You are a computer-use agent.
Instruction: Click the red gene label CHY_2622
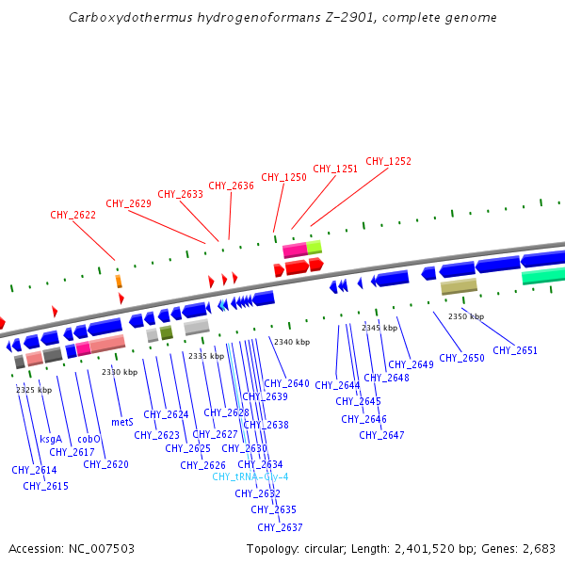[x=73, y=215]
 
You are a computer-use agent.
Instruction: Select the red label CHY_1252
[x=388, y=162]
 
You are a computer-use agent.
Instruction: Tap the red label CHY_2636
[x=231, y=186]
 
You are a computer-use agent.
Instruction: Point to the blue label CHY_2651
[x=515, y=350]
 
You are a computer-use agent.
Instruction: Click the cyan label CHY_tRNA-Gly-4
[x=250, y=476]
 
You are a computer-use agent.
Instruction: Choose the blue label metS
[x=122, y=423]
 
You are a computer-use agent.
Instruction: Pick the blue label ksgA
[x=51, y=439]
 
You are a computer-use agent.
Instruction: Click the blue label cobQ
[x=89, y=439]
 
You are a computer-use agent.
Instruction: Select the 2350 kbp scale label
[x=465, y=316]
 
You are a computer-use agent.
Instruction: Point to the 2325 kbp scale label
[x=34, y=390]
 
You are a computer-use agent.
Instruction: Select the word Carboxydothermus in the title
[x=119, y=17]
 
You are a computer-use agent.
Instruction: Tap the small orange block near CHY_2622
[x=119, y=281]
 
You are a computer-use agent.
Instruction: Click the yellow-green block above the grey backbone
[x=315, y=247]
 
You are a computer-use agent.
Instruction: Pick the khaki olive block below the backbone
[x=459, y=286]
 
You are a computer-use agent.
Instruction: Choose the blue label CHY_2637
[x=280, y=527]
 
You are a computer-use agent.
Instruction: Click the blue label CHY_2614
[x=34, y=470]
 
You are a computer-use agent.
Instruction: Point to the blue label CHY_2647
[x=381, y=435]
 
